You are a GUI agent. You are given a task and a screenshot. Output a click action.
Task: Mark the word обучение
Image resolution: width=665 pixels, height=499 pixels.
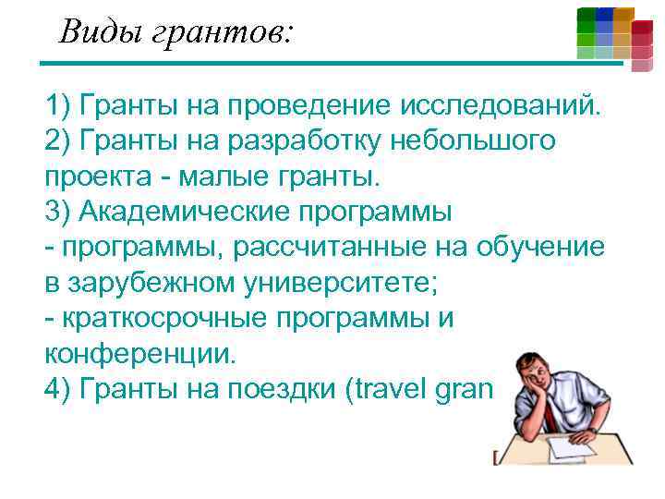541,247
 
